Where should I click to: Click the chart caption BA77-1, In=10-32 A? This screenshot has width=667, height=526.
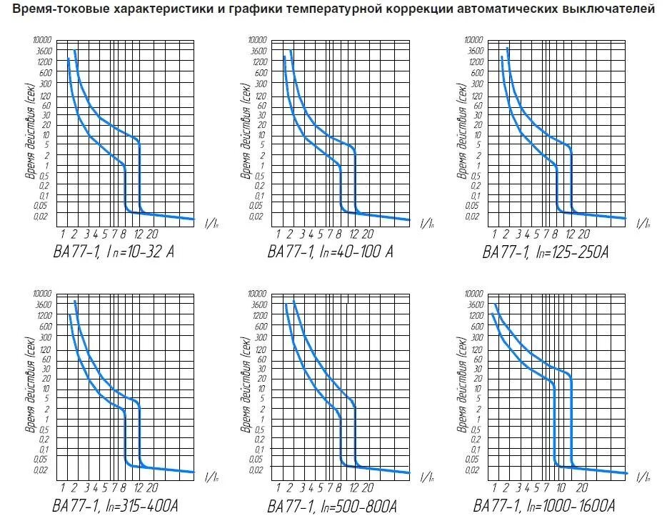[x=114, y=252]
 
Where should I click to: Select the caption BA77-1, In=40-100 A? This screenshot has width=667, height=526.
[x=330, y=252]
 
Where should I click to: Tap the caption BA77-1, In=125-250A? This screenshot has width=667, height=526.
[x=545, y=252]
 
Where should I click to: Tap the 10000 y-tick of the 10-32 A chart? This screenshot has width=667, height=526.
[x=42, y=40]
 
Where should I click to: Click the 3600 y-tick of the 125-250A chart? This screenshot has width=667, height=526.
[x=476, y=51]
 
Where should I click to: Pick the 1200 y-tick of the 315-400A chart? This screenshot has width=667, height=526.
[x=44, y=315]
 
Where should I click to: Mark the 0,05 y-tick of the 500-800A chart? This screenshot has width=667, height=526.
[x=259, y=459]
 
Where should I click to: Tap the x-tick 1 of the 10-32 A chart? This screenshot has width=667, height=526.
[x=64, y=234]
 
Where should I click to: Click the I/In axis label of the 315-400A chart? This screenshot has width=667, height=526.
[x=212, y=477]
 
